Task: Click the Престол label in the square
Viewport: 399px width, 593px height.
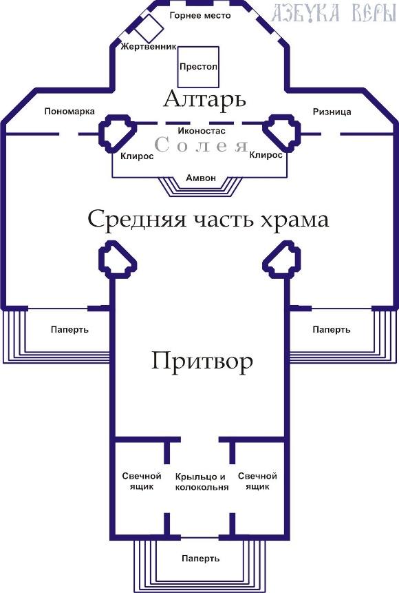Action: coord(198,67)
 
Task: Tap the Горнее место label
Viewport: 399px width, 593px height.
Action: coord(200,16)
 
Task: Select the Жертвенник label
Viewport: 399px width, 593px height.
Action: coord(149,47)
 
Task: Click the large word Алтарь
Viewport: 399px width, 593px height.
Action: coord(205,99)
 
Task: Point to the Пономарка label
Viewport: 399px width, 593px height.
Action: coord(69,112)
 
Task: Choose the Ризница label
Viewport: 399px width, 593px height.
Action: coord(332,112)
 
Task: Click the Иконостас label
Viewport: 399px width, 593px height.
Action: coord(202,132)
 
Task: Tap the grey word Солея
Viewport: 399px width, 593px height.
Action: coord(202,145)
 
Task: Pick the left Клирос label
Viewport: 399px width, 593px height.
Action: coord(137,156)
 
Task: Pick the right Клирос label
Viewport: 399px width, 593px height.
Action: coord(266,155)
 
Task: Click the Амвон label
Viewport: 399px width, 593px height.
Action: coord(201,178)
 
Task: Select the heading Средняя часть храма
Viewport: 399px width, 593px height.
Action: coord(208,219)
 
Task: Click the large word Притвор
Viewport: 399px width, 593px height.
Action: coord(202,361)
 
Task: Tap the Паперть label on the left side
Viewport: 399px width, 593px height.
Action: coord(69,329)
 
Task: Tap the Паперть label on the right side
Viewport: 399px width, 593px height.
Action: coord(332,330)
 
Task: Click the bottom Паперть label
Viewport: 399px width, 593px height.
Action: coord(200,559)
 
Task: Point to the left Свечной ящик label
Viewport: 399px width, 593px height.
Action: coord(142,481)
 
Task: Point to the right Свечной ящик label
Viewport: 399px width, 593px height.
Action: coord(257,481)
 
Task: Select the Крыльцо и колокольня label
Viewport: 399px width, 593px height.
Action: coord(202,482)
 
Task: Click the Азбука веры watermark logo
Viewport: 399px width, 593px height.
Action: coord(333,13)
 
